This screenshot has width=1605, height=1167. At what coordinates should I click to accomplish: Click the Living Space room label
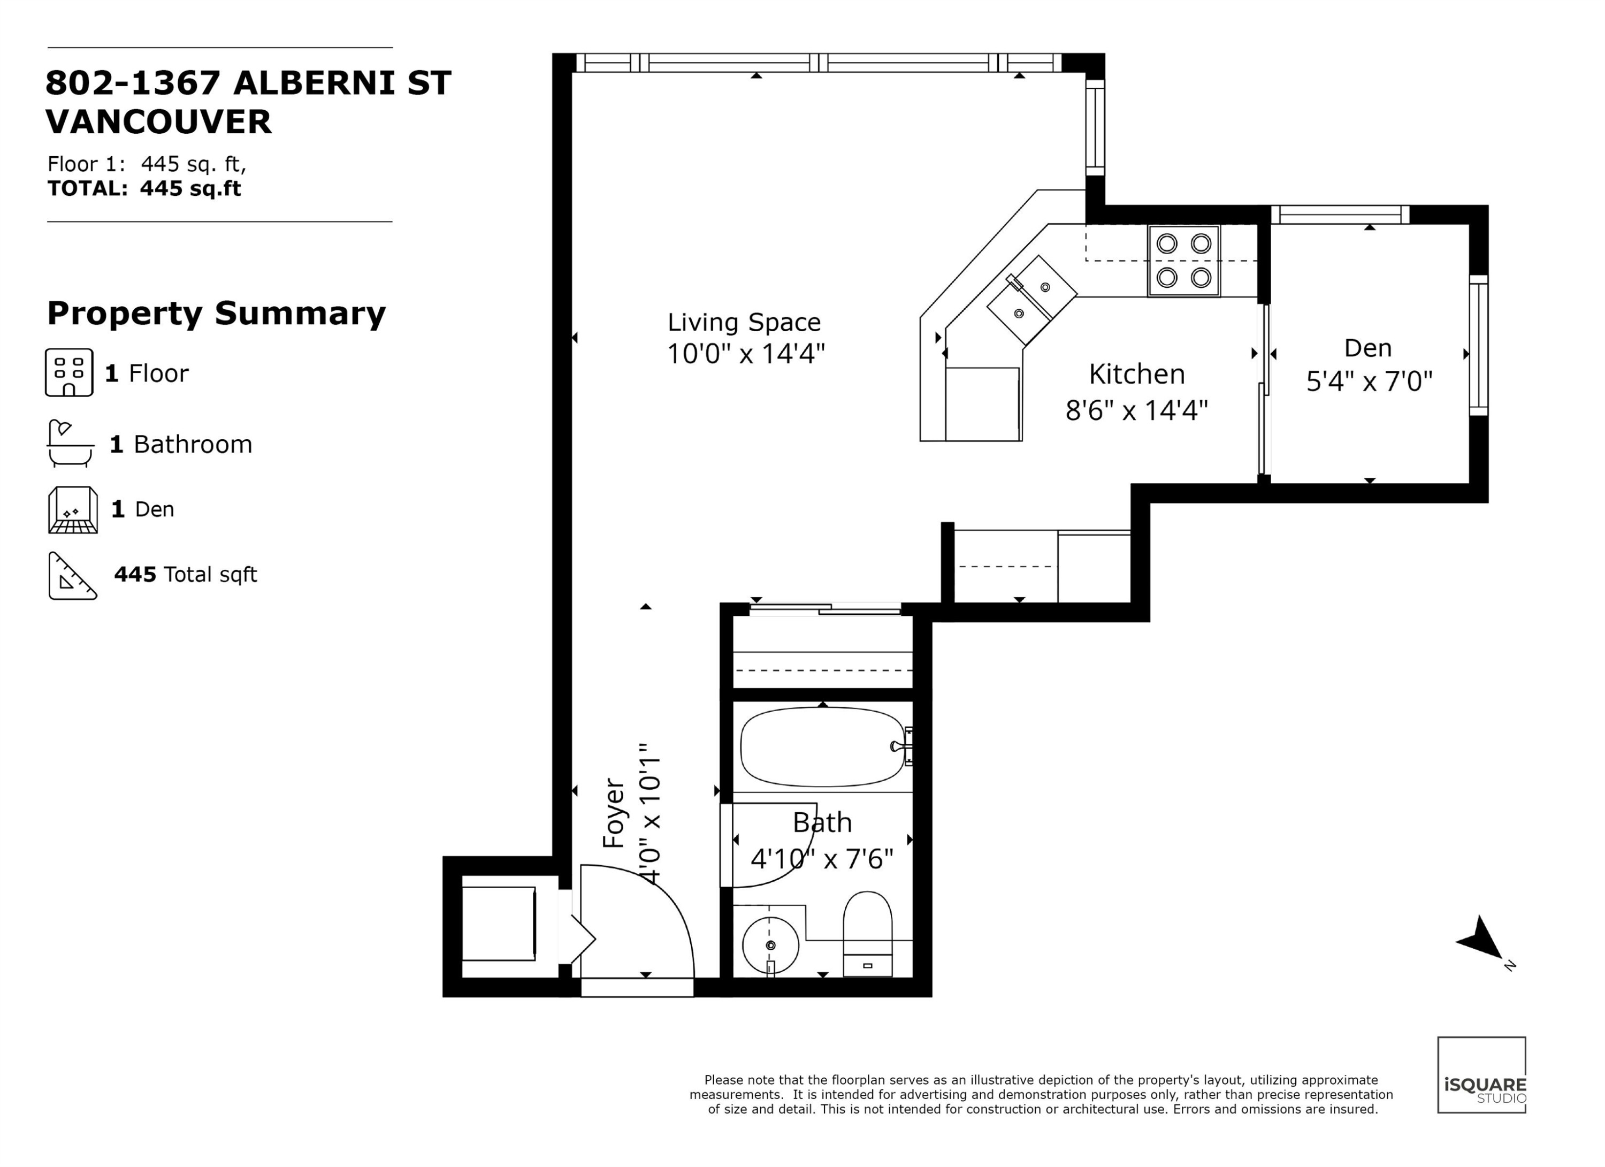click(744, 323)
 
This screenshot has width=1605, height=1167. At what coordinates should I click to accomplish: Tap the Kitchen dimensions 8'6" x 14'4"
click(1136, 410)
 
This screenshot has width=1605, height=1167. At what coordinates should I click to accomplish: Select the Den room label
click(1367, 348)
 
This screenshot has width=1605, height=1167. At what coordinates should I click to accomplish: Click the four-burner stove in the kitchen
click(1183, 261)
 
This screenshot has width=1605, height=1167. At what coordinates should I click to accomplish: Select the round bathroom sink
click(770, 945)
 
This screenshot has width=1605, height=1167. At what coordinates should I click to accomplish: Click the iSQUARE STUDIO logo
click(1482, 1075)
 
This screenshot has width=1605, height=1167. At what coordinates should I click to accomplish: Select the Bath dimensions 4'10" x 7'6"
click(822, 859)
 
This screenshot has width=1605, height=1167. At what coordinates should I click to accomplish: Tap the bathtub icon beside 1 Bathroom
click(70, 443)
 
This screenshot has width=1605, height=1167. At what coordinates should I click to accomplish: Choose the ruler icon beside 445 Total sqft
click(72, 575)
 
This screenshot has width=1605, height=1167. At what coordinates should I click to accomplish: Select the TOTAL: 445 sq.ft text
click(144, 188)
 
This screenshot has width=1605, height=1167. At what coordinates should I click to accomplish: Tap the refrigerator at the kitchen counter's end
click(982, 404)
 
